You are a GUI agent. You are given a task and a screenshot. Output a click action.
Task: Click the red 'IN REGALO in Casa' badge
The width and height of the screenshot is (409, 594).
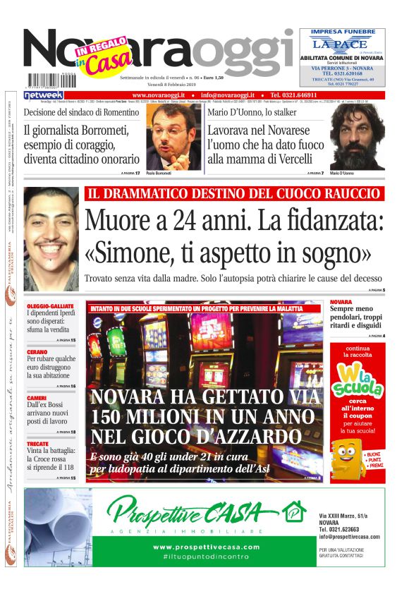click(102, 56)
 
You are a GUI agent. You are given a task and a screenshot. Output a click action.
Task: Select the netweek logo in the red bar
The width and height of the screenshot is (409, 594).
click(44, 95)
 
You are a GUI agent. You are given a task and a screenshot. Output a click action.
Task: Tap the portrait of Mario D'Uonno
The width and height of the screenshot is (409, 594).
click(358, 137)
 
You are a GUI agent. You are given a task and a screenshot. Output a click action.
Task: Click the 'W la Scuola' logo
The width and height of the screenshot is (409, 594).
click(357, 381)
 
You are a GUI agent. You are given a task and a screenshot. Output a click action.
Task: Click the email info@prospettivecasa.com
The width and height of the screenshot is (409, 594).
click(349, 536)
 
